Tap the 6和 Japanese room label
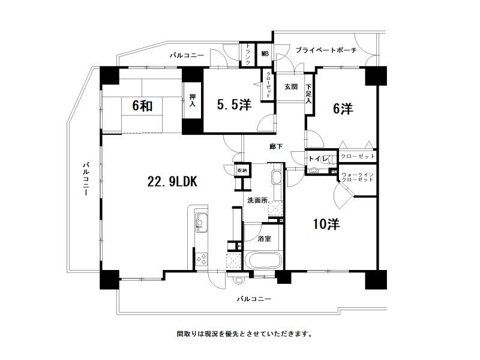tap(142, 106)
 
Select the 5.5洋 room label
tap(233, 105)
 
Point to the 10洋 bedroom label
tap(326, 224)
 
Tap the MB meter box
tap(265, 54)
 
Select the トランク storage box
tap(247, 54)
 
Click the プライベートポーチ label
tap(326, 50)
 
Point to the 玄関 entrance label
tap(290, 86)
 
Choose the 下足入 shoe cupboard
tap(308, 93)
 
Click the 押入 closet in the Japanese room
tap(192, 100)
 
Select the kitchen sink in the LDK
tap(201, 224)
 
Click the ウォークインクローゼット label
tap(358, 178)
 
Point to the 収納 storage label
tap(241, 170)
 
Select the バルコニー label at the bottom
tap(254, 298)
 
